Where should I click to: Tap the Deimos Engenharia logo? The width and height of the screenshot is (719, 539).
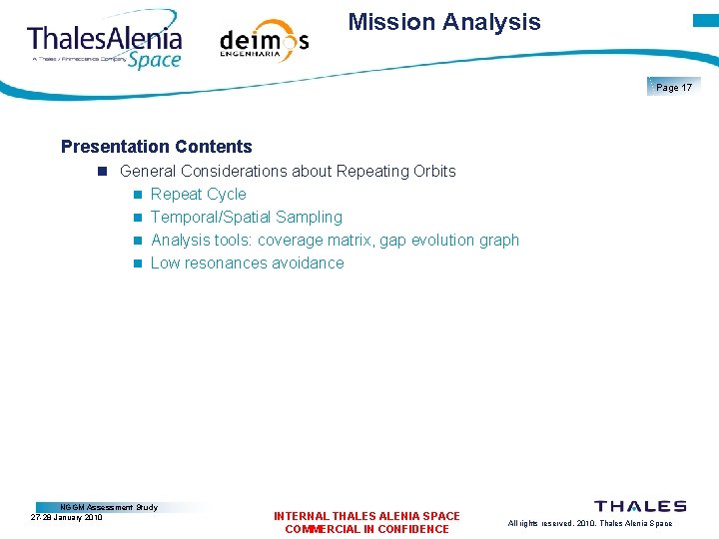pos(264,42)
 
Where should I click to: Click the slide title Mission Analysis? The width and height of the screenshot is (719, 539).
pos(444,22)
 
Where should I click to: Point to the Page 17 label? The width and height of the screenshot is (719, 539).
pos(674,88)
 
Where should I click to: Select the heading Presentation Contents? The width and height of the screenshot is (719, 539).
pos(157,147)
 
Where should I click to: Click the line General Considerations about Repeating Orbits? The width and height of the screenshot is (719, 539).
pos(288,171)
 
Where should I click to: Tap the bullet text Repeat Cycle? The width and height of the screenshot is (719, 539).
pos(198,194)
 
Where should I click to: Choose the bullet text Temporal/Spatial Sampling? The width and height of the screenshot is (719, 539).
pos(246,217)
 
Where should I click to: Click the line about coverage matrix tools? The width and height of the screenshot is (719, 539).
pos(335,240)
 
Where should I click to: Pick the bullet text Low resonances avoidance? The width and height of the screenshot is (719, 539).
pos(247,263)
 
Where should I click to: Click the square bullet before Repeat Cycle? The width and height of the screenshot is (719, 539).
pos(137,195)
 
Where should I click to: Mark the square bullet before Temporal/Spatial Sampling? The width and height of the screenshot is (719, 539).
pos(137,218)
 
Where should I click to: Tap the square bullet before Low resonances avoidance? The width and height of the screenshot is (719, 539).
pos(137,264)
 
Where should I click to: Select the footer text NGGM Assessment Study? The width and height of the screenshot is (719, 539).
pos(109,507)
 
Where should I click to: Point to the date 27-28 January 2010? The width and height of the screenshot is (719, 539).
pos(67,517)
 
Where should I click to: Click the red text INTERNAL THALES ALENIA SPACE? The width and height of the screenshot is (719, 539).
pos(366,516)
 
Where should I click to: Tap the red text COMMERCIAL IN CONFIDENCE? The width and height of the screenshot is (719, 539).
pos(366,529)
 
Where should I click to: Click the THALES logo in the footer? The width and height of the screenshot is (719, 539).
pos(640,506)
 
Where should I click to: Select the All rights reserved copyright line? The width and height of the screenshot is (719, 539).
pos(589,523)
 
